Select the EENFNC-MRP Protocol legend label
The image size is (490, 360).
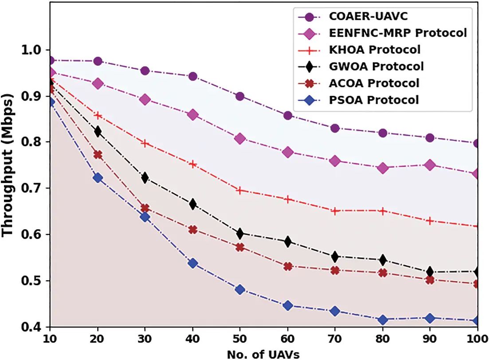coord(398,33)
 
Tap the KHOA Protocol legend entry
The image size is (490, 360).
coord(374,49)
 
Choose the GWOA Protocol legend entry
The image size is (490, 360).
coord(376,66)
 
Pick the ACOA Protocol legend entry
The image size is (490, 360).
coord(374,83)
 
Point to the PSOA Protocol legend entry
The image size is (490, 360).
coord(373,100)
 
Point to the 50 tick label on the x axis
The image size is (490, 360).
coord(240,337)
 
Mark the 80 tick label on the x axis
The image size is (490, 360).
coord(382,337)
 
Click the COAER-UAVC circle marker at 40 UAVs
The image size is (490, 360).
coord(193,76)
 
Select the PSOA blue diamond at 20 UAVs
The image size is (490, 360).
coord(98,178)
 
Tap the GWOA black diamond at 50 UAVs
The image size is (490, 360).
coord(240,233)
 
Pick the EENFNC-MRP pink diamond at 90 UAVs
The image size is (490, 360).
coord(430,165)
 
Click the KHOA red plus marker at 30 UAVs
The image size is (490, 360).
coord(145,143)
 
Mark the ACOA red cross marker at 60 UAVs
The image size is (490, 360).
coord(288,266)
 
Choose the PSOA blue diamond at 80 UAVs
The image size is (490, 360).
coord(382,320)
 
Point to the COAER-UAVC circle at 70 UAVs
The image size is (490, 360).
coord(335,128)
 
